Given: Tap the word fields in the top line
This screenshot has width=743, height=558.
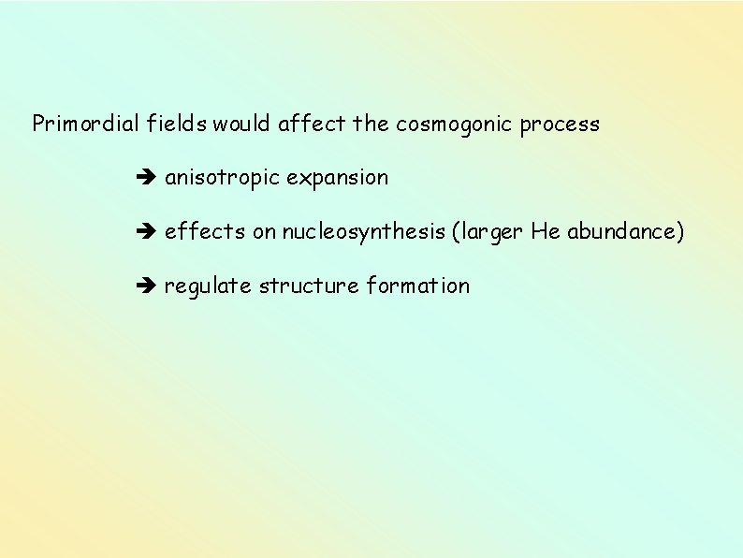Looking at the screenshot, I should tap(175, 124).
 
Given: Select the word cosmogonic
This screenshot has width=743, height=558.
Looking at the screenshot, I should tap(447, 124).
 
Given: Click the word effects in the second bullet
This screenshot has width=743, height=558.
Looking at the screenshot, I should tap(205, 231).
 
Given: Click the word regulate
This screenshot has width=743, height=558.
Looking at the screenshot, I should tap(209, 286).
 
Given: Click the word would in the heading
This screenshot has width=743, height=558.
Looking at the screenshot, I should tap(244, 124).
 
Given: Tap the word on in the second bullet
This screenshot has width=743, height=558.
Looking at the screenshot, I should tap(266, 232).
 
